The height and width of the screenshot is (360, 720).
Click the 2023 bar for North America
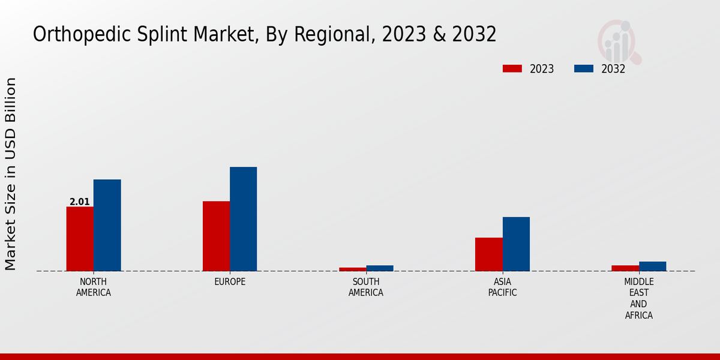click(80, 239)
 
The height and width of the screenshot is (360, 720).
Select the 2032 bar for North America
click(107, 225)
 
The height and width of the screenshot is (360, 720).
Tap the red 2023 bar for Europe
click(216, 236)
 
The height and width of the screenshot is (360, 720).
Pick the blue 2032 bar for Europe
click(243, 219)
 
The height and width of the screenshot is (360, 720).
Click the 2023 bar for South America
click(352, 269)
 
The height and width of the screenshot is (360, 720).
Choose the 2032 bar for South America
click(380, 268)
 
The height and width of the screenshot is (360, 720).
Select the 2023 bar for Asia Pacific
click(489, 254)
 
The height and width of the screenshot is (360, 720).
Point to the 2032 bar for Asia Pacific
click(516, 244)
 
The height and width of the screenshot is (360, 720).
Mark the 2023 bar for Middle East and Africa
click(625, 268)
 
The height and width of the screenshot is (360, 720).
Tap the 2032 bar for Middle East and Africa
click(652, 266)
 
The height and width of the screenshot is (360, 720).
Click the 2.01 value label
click(80, 202)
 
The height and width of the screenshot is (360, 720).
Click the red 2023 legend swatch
click(512, 68)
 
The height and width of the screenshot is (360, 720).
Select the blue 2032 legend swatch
click(584, 68)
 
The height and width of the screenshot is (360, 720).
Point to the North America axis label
click(94, 287)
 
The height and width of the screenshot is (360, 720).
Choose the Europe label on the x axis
click(230, 281)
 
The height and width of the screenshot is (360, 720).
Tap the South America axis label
click(366, 287)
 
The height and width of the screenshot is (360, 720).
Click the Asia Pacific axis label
click(502, 287)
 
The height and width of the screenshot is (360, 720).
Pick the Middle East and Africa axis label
click(639, 298)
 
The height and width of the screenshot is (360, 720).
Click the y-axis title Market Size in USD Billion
click(11, 174)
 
